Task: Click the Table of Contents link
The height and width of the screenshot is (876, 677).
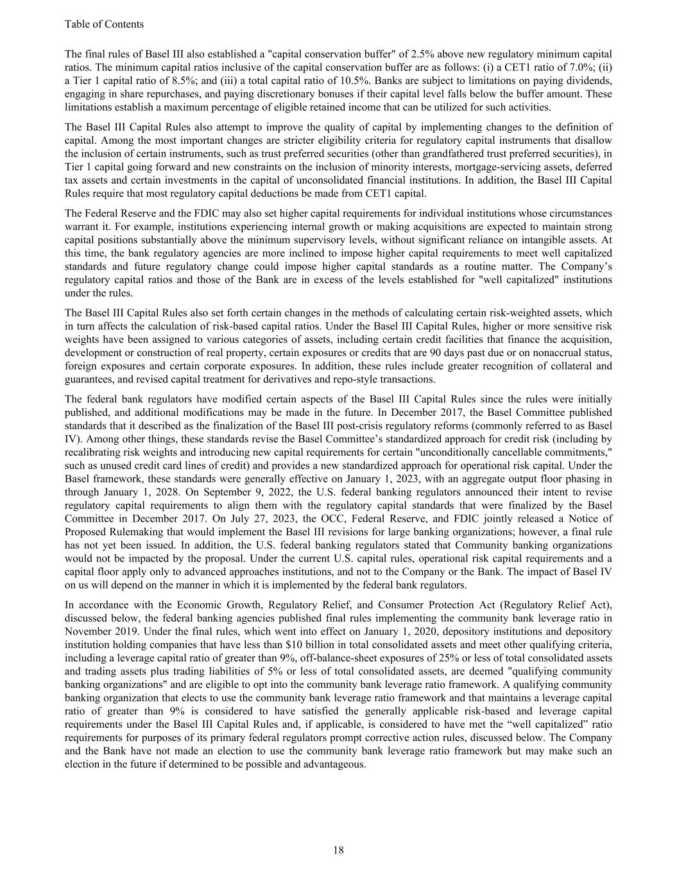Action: coord(104,24)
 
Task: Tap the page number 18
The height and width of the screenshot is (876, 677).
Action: coord(338,850)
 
